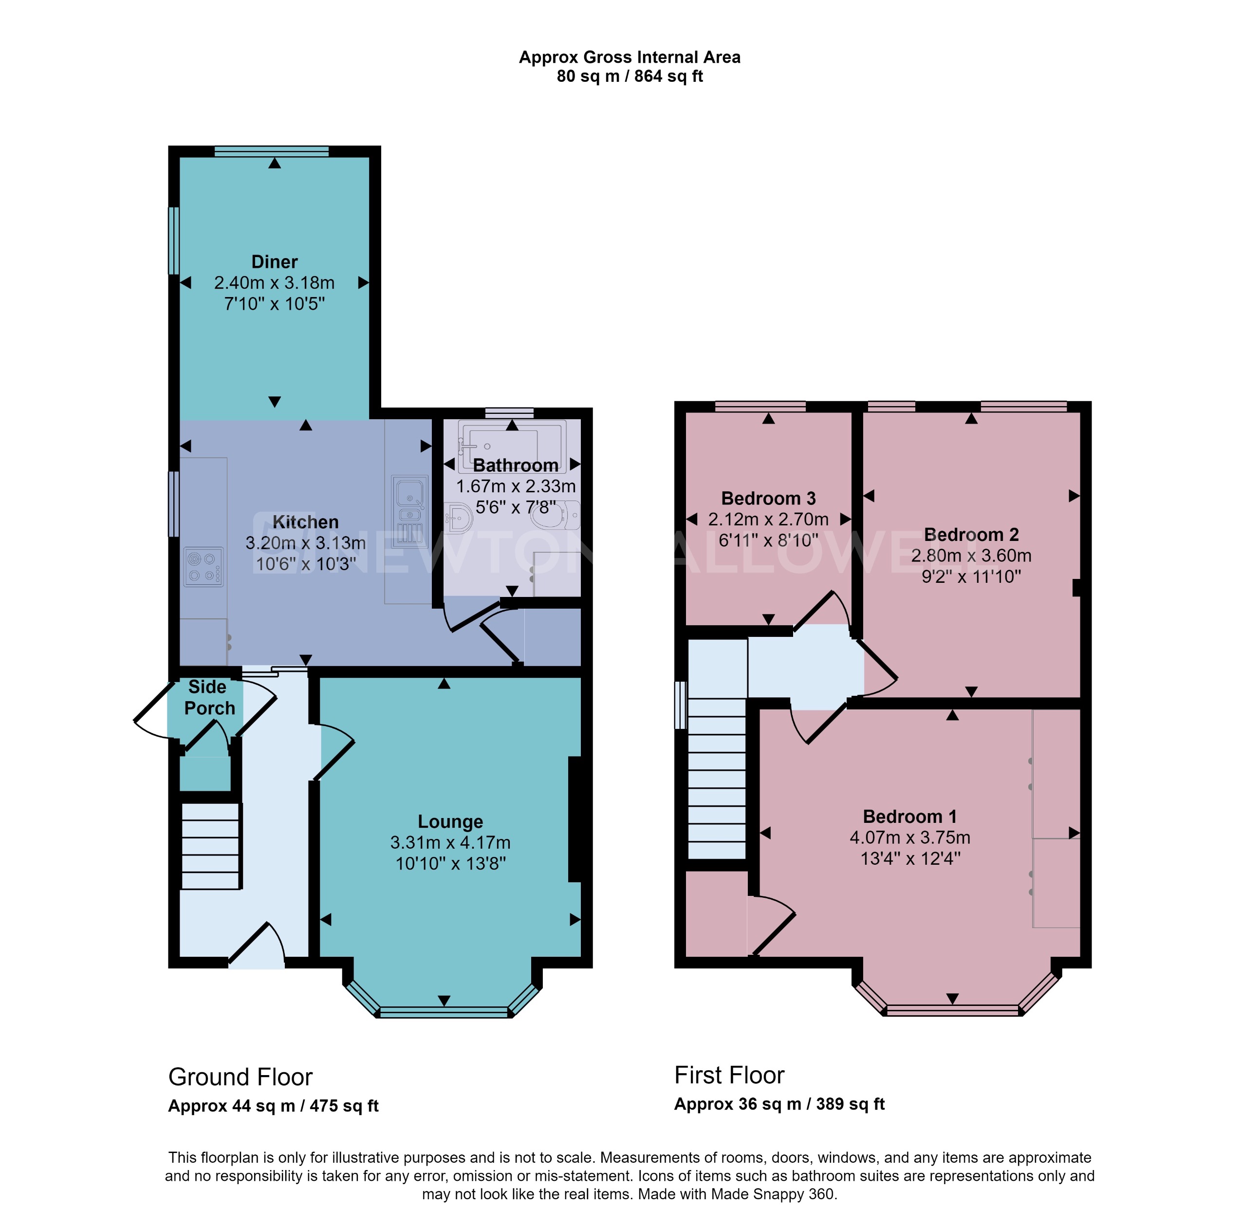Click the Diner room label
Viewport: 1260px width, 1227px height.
[x=274, y=261]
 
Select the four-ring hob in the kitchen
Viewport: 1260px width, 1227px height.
[x=204, y=566]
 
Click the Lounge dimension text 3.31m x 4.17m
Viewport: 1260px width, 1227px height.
[x=450, y=842]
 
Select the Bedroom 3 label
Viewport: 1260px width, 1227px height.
[x=768, y=498]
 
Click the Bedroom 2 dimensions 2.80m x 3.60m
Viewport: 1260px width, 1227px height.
[x=971, y=555]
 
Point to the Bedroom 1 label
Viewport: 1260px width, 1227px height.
[x=909, y=817]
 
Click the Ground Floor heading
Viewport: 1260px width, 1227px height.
[x=241, y=1078]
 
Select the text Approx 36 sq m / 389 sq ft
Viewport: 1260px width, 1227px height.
[x=778, y=1104]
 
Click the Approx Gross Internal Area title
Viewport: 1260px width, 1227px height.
[x=629, y=57]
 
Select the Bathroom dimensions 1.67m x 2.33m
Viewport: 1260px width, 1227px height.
[x=516, y=486]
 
